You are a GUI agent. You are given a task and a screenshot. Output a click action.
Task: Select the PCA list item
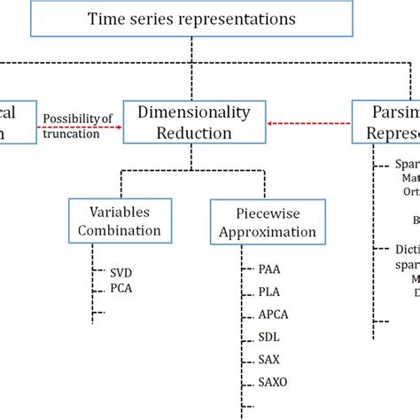coord(122,288)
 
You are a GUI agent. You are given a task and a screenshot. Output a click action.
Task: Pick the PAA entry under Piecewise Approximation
coord(272,267)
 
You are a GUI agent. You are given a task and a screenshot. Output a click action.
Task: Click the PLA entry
coord(272,291)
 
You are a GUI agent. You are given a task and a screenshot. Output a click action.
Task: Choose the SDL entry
coord(271,337)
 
